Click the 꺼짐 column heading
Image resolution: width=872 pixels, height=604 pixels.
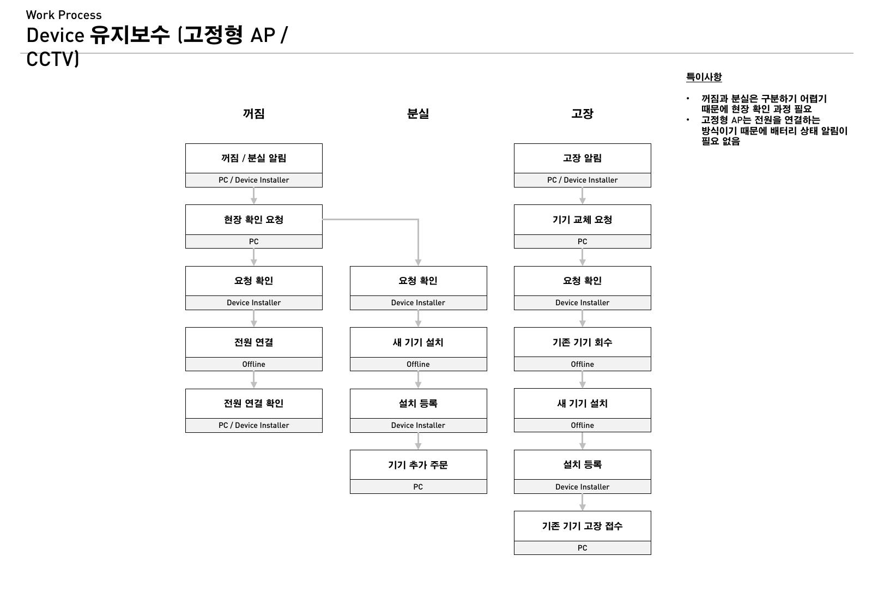tap(253, 114)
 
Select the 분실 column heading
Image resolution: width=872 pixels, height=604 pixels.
tap(417, 114)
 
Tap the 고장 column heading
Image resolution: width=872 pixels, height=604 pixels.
tap(582, 114)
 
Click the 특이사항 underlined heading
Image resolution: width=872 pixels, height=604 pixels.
tap(704, 77)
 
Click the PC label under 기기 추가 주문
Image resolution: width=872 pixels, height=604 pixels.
tap(418, 487)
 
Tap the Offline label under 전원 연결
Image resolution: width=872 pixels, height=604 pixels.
tap(254, 364)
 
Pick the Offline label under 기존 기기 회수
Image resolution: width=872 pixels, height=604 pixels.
tap(583, 364)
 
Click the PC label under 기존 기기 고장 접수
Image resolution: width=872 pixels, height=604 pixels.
tap(583, 548)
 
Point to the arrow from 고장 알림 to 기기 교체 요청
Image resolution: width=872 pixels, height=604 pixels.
tap(583, 196)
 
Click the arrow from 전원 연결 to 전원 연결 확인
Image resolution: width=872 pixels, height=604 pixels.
tap(254, 380)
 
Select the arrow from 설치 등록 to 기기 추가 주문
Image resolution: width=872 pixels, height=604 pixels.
tap(418, 441)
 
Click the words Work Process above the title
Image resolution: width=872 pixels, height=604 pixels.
tap(64, 15)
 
